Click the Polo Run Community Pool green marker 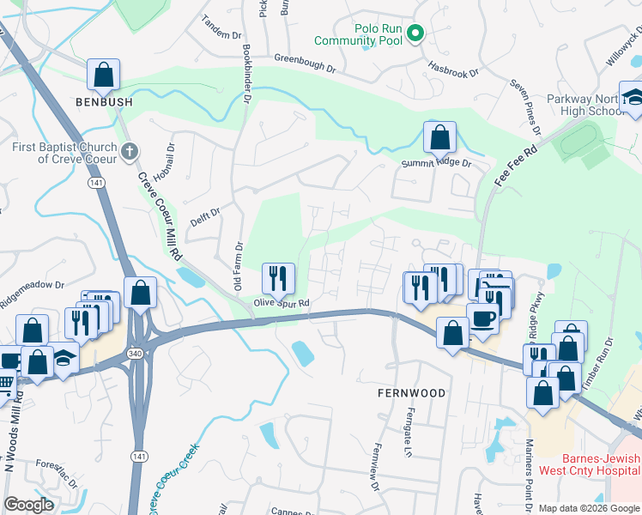point(415,33)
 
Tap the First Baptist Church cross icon point(130,153)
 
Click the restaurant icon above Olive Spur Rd point(278,277)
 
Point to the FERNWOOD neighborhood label point(412,393)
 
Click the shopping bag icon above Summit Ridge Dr point(439,136)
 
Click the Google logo point(30,505)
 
